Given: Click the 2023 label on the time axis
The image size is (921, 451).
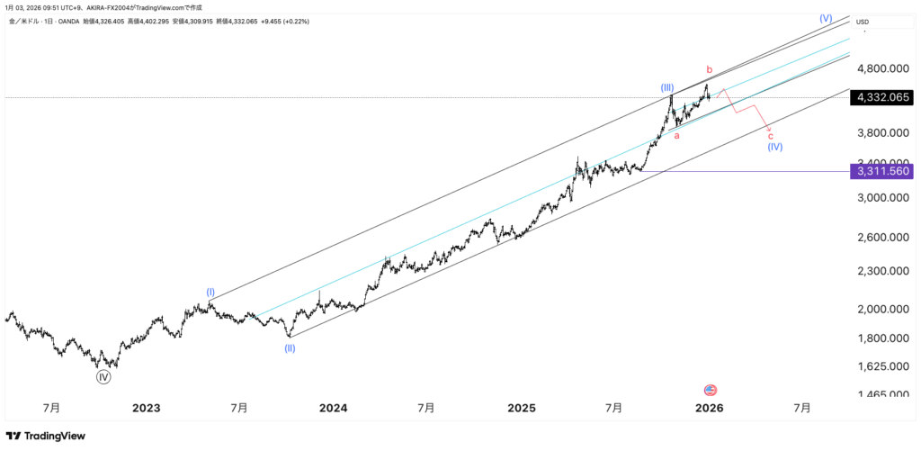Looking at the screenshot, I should pos(146,408).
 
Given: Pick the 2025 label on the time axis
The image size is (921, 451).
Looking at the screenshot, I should pos(522,408).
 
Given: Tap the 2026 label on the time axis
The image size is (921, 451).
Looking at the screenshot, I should pos(710,408).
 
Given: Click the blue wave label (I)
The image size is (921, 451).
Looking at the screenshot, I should pos(210,293).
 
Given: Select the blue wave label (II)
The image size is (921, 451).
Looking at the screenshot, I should pos(290,347).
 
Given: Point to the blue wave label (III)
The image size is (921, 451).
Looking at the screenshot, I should pos(667,87).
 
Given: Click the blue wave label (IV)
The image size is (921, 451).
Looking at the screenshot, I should pos(774,147).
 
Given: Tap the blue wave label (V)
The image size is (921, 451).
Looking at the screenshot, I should pos(826,18).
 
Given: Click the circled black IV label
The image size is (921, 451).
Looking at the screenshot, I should pos(103,377).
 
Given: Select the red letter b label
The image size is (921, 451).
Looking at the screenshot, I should pos(709,69).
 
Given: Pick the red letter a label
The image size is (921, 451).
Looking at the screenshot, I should pos(677,135).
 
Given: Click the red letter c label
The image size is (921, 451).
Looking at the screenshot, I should pos(770,136).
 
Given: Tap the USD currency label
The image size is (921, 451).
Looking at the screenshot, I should pos(863,22).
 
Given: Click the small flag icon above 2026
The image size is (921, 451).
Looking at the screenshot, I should pos(710,390).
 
